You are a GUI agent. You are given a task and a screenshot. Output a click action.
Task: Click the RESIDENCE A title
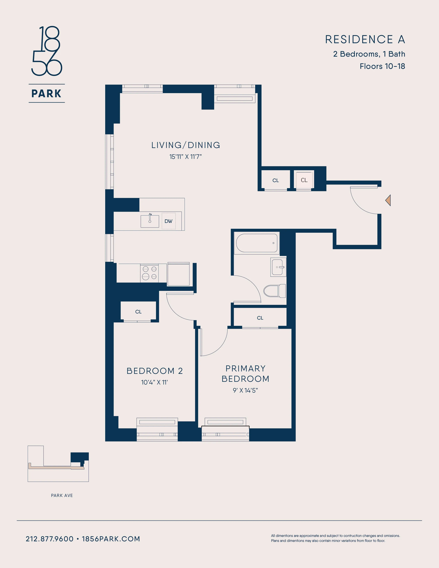(x=365, y=40)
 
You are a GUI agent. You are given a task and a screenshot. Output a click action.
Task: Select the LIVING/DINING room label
(x=186, y=145)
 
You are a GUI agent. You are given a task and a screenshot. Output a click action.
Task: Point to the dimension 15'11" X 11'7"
(x=185, y=157)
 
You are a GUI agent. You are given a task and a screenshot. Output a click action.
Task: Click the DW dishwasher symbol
(x=169, y=221)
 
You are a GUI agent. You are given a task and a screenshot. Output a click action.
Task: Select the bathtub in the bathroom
(x=257, y=243)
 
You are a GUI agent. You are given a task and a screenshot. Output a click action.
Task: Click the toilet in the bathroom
(x=274, y=291)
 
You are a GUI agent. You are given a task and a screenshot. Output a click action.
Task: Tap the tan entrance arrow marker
(x=388, y=200)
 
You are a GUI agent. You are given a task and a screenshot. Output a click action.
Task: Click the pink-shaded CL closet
(x=304, y=180)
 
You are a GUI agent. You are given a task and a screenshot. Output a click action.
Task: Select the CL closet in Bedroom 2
(x=138, y=312)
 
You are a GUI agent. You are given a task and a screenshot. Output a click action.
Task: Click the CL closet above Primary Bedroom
(x=260, y=318)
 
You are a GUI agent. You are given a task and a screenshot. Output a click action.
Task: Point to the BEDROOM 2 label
(x=155, y=371)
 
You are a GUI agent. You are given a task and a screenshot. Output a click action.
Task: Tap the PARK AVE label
(x=62, y=495)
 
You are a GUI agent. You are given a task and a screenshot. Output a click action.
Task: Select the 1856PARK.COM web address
(x=111, y=539)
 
